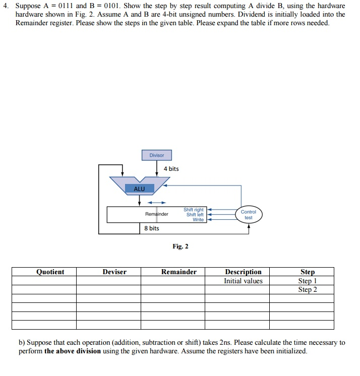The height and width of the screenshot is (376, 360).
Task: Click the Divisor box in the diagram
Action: (x=156, y=155)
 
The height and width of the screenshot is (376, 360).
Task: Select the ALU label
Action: (x=139, y=189)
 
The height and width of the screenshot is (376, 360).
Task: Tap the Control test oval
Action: (x=248, y=215)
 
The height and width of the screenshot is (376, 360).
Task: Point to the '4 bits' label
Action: (x=171, y=169)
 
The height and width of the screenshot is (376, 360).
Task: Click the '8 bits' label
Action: (x=151, y=228)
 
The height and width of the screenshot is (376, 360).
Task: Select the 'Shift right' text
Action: (x=194, y=210)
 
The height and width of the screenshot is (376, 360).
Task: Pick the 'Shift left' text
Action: (x=195, y=215)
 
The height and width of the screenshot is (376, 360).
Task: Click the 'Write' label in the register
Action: (x=198, y=220)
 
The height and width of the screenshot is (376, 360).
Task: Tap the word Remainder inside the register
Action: (x=157, y=214)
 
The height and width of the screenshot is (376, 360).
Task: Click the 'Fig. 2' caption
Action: (x=180, y=246)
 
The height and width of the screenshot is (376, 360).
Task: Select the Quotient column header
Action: (x=50, y=272)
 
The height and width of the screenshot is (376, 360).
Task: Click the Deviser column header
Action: (x=114, y=272)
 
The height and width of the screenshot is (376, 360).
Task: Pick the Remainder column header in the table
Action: (x=179, y=272)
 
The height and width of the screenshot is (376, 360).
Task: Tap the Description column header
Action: (x=243, y=272)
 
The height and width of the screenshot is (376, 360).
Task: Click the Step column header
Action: (x=307, y=272)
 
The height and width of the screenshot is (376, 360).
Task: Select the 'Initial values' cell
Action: (x=243, y=281)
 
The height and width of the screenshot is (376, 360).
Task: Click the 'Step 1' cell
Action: (x=307, y=281)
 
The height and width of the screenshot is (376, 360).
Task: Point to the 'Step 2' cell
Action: (x=307, y=289)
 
